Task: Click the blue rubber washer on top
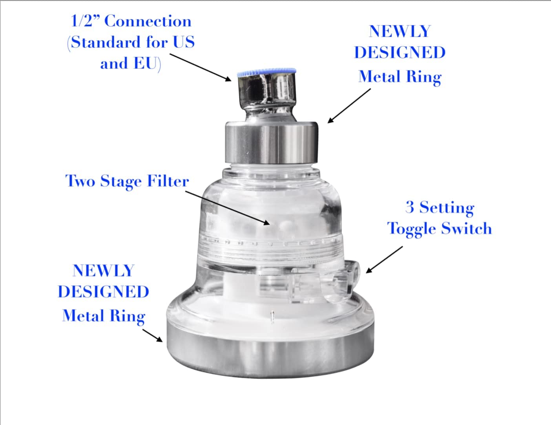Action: (x=266, y=72)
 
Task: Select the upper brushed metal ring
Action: (x=271, y=142)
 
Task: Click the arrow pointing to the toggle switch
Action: (x=384, y=260)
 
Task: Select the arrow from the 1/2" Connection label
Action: (x=200, y=68)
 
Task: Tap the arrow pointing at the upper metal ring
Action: (x=349, y=106)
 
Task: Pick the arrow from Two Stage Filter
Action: (x=228, y=208)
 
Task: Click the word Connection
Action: (x=148, y=21)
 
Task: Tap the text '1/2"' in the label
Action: (x=86, y=21)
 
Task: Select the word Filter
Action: (x=168, y=181)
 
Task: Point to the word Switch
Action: (x=466, y=228)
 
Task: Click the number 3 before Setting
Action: (x=410, y=207)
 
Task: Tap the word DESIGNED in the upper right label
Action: (x=400, y=53)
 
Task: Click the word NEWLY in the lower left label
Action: (x=104, y=271)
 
